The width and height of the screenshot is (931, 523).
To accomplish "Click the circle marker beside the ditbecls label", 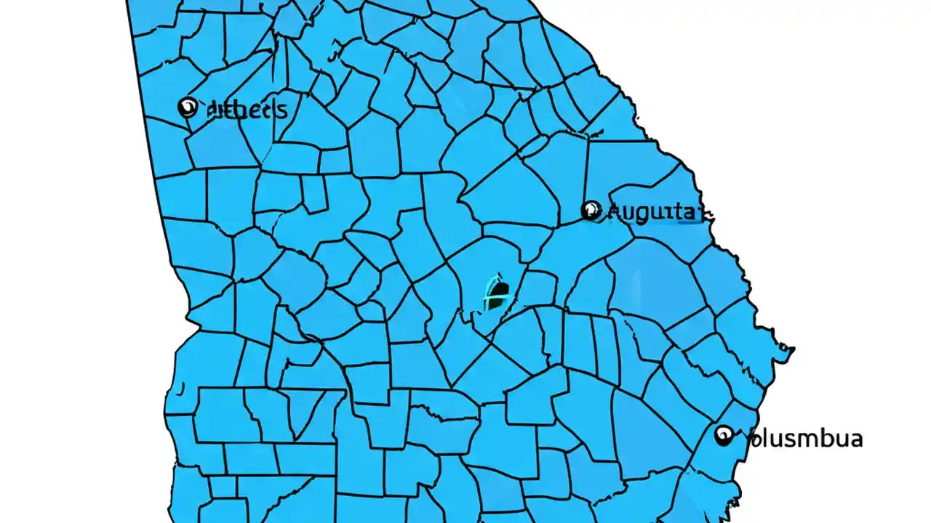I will point(188,108).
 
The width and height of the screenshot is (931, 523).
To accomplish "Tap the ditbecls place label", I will point(247,110).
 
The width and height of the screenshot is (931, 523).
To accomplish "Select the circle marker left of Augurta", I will point(591,211).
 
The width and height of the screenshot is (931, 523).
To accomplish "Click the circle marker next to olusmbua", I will point(724,436).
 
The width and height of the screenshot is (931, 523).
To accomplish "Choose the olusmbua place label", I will point(804,439).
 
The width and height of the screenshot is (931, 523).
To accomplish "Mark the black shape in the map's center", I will point(498,293).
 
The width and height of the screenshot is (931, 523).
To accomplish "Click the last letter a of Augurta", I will point(693,213).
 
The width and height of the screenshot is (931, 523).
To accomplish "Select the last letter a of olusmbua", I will point(855,439).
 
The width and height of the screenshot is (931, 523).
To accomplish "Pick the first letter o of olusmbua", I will point(753,440).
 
